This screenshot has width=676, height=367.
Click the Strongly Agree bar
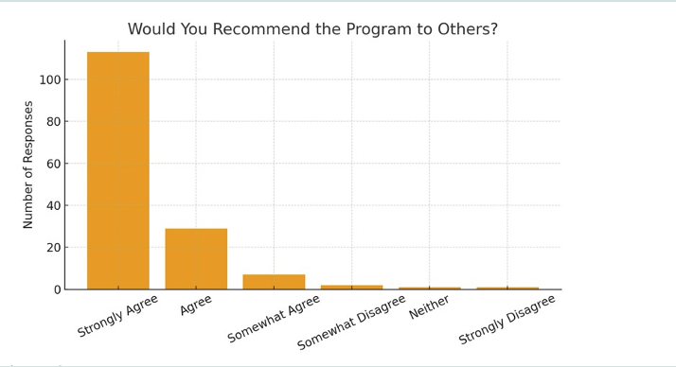pyautogui.click(x=118, y=170)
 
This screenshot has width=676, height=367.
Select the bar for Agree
pyautogui.click(x=196, y=258)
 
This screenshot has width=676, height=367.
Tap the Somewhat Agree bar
pyautogui.click(x=274, y=282)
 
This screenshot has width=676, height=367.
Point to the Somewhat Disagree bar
pyautogui.click(x=351, y=287)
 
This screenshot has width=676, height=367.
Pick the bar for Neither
pyautogui.click(x=429, y=288)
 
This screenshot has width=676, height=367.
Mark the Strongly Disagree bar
pyautogui.click(x=507, y=288)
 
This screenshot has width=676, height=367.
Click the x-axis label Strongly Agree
pyautogui.click(x=118, y=315)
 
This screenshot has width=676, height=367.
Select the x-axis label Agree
pyautogui.click(x=196, y=305)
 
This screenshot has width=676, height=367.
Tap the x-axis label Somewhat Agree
pyautogui.click(x=275, y=319)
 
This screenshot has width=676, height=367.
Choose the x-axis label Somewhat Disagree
pyautogui.click(x=351, y=322)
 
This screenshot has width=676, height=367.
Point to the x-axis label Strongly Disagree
pyautogui.click(x=507, y=320)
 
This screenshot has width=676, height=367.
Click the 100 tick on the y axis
pyautogui.click(x=50, y=79)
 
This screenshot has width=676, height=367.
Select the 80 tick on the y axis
pyautogui.click(x=54, y=121)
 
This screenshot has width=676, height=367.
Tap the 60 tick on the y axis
pyautogui.click(x=54, y=164)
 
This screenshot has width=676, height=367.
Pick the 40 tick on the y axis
pyautogui.click(x=54, y=205)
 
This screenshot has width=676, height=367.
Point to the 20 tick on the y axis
pyautogui.click(x=54, y=247)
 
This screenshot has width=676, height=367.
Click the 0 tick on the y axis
pyautogui.click(x=58, y=289)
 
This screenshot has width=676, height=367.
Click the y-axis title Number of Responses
pyautogui.click(x=28, y=165)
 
